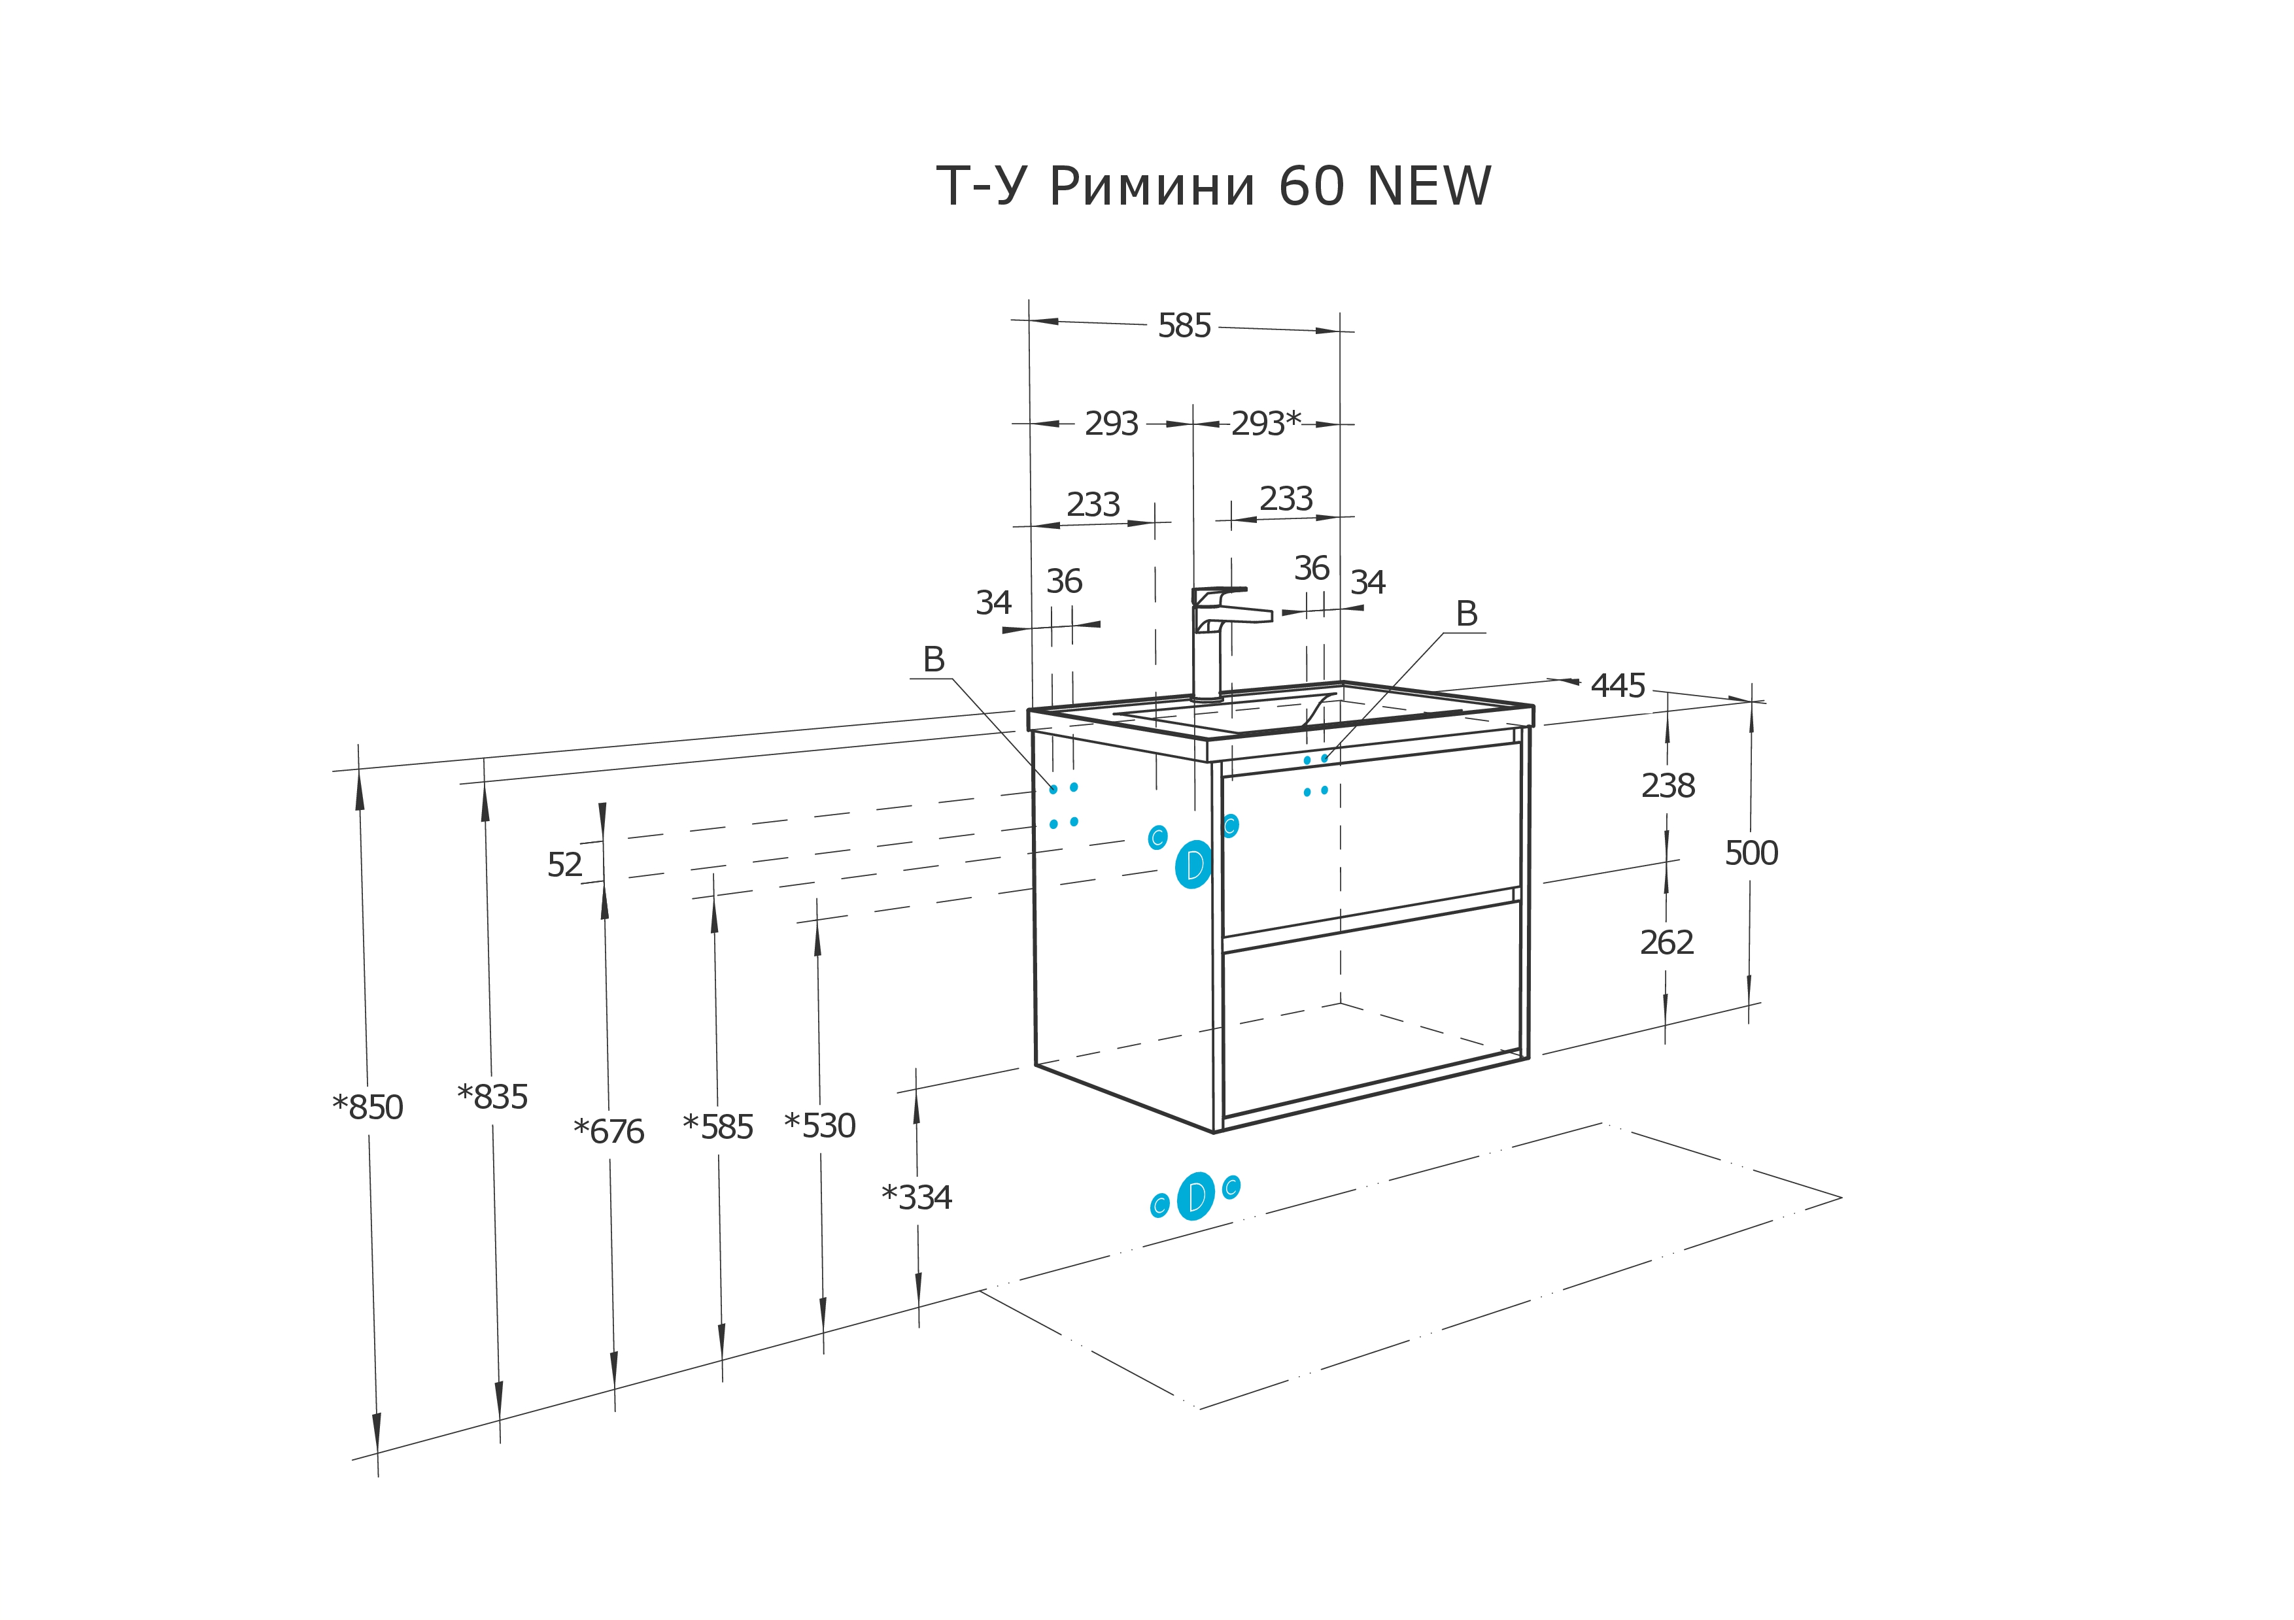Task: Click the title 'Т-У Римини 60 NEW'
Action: pyautogui.click(x=1213, y=187)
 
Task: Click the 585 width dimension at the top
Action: pyautogui.click(x=1184, y=326)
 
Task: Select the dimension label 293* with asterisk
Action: pyautogui.click(x=1265, y=424)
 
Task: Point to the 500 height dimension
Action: pyautogui.click(x=1751, y=853)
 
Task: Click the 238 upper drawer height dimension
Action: pyautogui.click(x=1668, y=786)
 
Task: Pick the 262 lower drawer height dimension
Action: pyautogui.click(x=1666, y=942)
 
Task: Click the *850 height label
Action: pyautogui.click(x=368, y=1107)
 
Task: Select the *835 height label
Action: pyautogui.click(x=492, y=1096)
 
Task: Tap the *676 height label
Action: pyautogui.click(x=608, y=1132)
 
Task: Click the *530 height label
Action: pyautogui.click(x=819, y=1126)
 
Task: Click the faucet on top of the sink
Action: pyautogui.click(x=1213, y=639)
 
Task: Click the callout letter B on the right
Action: pyautogui.click(x=1465, y=613)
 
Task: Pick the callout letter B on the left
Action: pyautogui.click(x=933, y=659)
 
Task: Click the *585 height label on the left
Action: pyautogui.click(x=717, y=1126)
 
